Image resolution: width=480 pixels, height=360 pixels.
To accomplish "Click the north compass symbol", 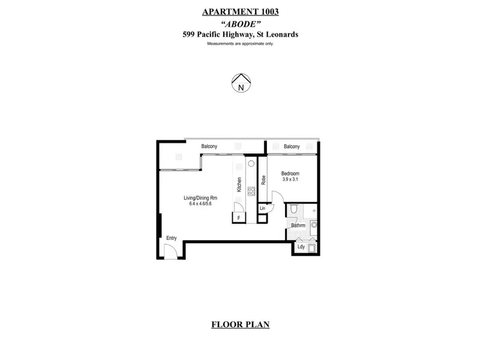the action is [241, 83].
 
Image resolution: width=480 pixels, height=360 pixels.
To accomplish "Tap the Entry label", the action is [172, 238].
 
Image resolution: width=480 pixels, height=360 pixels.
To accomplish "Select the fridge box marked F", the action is [239, 218].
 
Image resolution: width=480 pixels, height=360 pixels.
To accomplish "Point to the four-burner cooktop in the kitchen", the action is [251, 191].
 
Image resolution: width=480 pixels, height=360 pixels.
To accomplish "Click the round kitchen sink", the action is [251, 164].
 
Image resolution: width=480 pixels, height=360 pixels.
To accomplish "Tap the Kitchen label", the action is [239, 185].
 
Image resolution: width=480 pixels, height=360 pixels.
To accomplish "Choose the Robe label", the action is [263, 180].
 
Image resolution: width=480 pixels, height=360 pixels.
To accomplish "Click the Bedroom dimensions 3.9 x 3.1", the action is [290, 179].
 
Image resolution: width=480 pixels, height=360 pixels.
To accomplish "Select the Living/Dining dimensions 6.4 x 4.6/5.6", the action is [200, 203].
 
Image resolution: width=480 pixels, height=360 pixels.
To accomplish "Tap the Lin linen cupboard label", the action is [262, 208].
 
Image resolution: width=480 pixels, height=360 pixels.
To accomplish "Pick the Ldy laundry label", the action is [301, 247].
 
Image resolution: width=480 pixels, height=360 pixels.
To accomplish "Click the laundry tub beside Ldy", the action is [311, 248].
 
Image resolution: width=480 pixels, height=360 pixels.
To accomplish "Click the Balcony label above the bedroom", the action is [292, 146].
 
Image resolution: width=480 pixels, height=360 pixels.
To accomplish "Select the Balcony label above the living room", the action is [209, 146].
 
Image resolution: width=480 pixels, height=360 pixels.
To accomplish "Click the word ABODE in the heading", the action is [241, 23].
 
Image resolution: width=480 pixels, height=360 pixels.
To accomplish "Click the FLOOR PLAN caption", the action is [241, 324].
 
